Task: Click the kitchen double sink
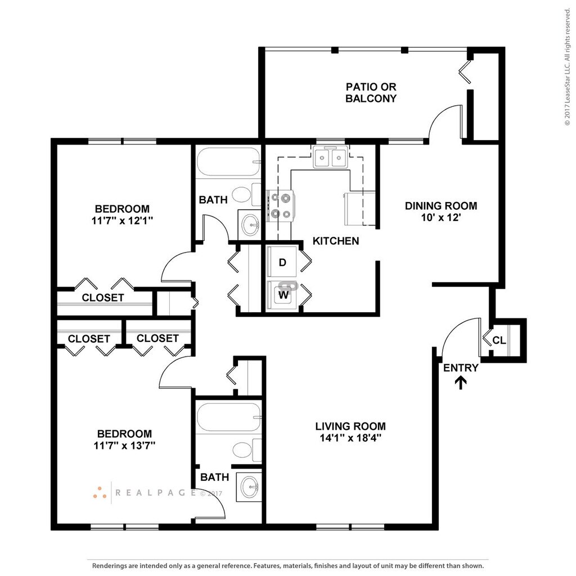pyautogui.click(x=330, y=157)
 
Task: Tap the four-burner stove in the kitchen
pyautogui.click(x=280, y=206)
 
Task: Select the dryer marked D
pyautogui.click(x=282, y=262)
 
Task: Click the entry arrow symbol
pyautogui.click(x=461, y=382)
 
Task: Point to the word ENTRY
pyautogui.click(x=461, y=368)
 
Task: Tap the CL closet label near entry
pyautogui.click(x=499, y=340)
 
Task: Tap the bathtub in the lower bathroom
pyautogui.click(x=229, y=417)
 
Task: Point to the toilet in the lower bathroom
pyautogui.click(x=247, y=449)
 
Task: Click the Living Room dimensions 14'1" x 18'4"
pyautogui.click(x=350, y=438)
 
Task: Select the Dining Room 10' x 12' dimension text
pyautogui.click(x=441, y=218)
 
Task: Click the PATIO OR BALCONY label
pyautogui.click(x=371, y=93)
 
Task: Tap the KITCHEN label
pyautogui.click(x=336, y=241)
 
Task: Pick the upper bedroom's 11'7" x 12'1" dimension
pyautogui.click(x=122, y=220)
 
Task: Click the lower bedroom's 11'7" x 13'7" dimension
pyautogui.click(x=124, y=445)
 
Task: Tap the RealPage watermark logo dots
pyautogui.click(x=100, y=493)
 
